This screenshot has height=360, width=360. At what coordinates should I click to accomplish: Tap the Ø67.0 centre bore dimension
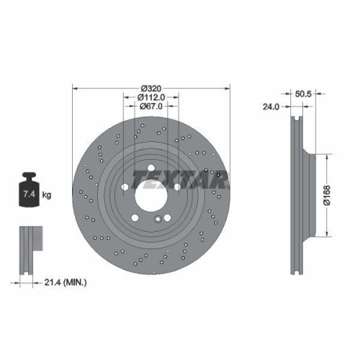coord(150,106)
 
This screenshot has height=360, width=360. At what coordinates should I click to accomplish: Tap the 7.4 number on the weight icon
coord(30,194)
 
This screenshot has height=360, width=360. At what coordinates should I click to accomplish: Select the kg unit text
coord(46,194)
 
